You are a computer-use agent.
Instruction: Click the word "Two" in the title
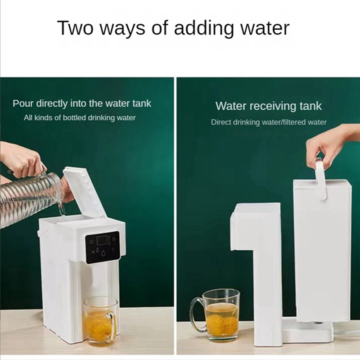[76, 28]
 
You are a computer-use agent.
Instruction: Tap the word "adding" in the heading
[203, 29]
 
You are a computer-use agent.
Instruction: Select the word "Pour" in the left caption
[23, 103]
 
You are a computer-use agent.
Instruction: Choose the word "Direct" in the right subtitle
[221, 122]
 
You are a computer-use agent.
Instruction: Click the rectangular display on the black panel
[102, 240]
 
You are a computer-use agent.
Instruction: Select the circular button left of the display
[91, 241]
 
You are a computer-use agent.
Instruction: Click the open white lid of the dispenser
[85, 192]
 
